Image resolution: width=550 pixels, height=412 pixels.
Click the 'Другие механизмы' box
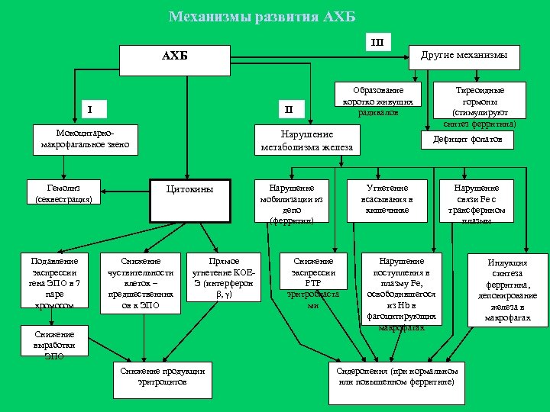tap(469, 56)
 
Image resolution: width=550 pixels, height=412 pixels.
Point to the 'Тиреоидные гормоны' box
tap(480, 105)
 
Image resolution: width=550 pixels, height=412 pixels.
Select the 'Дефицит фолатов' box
tap(468, 140)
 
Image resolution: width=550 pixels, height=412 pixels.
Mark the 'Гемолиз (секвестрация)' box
tap(64, 193)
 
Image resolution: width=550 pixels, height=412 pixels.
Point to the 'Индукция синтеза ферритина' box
tap(508, 289)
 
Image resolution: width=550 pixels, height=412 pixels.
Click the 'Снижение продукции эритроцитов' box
tap(162, 377)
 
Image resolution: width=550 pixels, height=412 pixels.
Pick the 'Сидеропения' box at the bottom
tap(397, 375)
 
